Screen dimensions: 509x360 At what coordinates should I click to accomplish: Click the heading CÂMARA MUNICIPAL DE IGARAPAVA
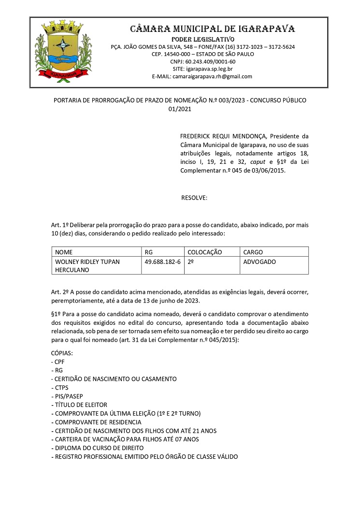click(213, 29)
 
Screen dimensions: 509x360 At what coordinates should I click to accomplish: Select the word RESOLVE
click(194, 198)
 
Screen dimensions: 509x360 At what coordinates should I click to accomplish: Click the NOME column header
click(64, 252)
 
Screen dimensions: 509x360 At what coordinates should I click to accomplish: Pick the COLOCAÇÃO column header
click(204, 252)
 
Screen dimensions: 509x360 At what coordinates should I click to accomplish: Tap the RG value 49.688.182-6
click(162, 262)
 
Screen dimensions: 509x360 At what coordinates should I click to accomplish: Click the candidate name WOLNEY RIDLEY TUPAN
click(87, 262)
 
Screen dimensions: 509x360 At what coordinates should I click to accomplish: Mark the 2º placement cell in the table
click(191, 262)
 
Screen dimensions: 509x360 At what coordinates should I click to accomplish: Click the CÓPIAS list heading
click(62, 353)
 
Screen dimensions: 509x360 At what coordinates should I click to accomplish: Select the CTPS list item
click(62, 387)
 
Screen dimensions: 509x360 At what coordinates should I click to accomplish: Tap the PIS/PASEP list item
click(69, 396)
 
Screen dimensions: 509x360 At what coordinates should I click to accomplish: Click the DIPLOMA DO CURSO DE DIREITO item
click(99, 448)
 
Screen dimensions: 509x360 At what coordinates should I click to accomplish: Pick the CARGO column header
click(253, 252)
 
